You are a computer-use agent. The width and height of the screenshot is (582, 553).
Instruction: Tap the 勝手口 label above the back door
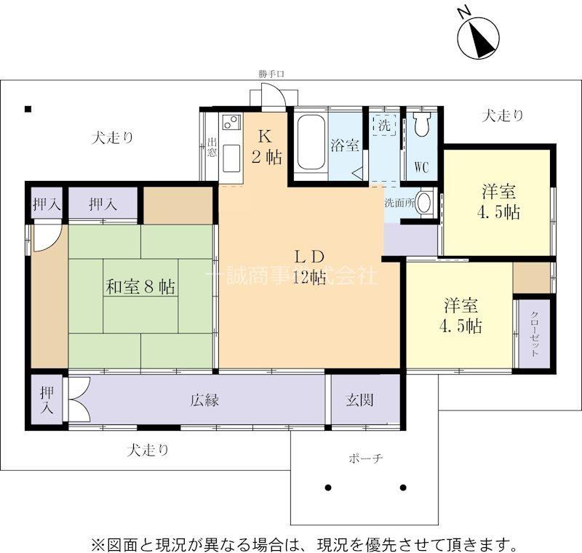coord(271,74)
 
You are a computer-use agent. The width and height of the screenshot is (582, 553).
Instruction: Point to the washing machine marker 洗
coord(385,125)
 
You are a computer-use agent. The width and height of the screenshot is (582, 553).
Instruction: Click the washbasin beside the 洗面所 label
coord(425,202)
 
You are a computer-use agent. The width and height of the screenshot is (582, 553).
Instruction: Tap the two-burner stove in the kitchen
coord(231,121)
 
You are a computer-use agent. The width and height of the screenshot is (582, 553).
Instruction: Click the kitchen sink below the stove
coord(231,158)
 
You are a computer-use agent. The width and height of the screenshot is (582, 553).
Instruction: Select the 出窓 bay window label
coord(212,148)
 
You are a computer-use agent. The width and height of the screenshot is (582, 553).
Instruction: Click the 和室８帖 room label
coord(140,286)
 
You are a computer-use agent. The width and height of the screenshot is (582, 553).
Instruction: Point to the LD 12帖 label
coord(310,267)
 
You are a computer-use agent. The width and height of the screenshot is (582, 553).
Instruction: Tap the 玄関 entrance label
coord(359,400)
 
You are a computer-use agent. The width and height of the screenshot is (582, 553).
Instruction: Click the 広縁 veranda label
coord(205,400)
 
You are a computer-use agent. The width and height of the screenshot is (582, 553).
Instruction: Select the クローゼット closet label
coord(535,334)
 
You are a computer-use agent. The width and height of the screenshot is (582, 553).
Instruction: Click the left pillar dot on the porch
coord(328,488)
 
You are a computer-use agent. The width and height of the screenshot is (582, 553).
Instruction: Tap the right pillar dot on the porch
coord(403,488)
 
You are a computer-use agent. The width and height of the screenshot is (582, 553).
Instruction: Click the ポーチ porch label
coord(366,459)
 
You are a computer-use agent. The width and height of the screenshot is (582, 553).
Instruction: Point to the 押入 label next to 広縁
coord(47,400)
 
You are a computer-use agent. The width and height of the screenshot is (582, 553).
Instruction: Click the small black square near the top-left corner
coord(28,109)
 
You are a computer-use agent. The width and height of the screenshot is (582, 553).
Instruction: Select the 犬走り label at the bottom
coord(148,451)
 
